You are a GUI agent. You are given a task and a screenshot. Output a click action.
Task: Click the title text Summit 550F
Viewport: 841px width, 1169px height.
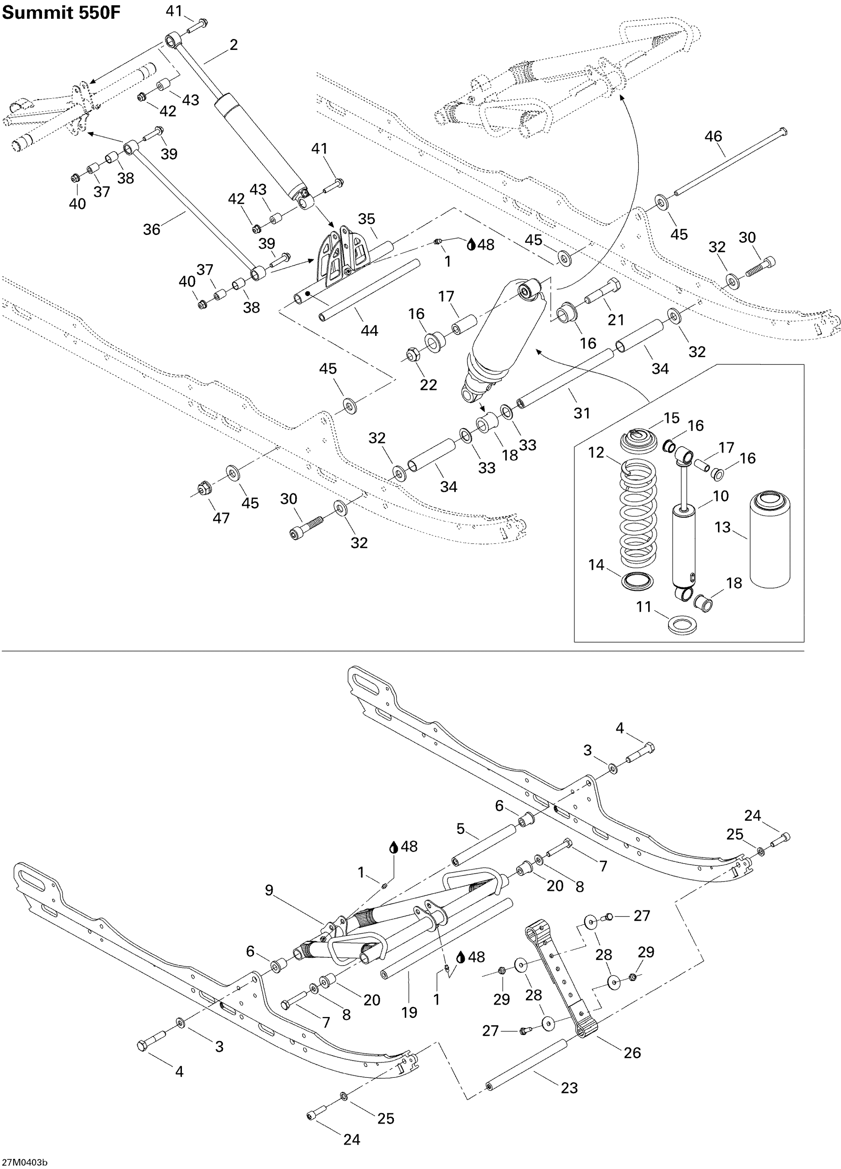point(61,13)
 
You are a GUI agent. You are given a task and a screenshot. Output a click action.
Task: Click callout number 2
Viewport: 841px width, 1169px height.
point(233,45)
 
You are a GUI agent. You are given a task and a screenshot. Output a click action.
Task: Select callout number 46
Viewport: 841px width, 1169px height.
point(713,137)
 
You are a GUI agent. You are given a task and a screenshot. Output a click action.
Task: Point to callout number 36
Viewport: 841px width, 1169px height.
point(152,229)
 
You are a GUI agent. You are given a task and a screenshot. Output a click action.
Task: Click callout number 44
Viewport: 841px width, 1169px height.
point(369,330)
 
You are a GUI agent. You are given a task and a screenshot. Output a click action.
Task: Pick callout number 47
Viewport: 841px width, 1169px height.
point(221,517)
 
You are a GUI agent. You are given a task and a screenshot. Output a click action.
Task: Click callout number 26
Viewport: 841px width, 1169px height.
point(632,1052)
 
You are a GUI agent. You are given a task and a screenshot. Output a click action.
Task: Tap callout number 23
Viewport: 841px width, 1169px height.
point(569,1088)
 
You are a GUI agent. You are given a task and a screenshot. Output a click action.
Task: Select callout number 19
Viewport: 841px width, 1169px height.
point(409,1012)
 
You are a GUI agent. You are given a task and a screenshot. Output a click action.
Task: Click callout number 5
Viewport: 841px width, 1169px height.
point(460,829)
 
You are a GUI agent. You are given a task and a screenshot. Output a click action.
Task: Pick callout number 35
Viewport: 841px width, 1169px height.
point(367,219)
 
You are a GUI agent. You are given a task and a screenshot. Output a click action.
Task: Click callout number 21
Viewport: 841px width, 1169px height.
point(616,320)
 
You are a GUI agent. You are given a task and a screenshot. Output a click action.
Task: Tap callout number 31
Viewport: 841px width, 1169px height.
point(581,413)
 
